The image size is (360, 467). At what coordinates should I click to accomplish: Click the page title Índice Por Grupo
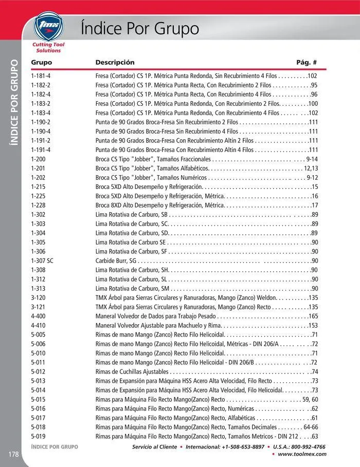tap(140, 28)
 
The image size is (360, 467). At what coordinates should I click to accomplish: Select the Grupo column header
tap(41, 63)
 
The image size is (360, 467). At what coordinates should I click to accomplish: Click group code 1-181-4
tap(41, 76)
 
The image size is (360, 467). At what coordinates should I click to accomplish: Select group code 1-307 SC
tap(42, 261)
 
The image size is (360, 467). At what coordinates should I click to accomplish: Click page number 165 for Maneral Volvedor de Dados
tap(313, 316)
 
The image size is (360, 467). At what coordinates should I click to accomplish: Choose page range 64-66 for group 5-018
tap(311, 427)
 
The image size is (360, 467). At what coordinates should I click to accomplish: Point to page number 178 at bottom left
tap(13, 454)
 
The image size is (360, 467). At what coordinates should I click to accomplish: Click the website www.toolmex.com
tap(302, 454)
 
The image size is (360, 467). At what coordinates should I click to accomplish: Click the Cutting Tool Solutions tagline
tap(48, 48)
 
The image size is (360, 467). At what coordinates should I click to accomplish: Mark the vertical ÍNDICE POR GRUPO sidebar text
tap(14, 103)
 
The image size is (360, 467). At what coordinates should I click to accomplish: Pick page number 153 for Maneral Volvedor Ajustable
tap(313, 325)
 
